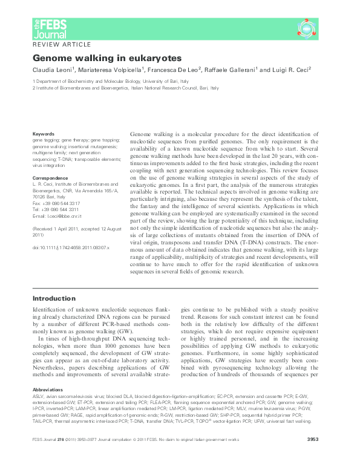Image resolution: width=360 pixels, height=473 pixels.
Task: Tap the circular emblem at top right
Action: tap(307, 27)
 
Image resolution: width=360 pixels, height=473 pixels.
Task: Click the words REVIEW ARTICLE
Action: tap(62, 45)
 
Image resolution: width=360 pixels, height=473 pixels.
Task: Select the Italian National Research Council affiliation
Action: tap(126, 88)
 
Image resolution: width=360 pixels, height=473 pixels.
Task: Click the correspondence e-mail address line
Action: tap(57, 215)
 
